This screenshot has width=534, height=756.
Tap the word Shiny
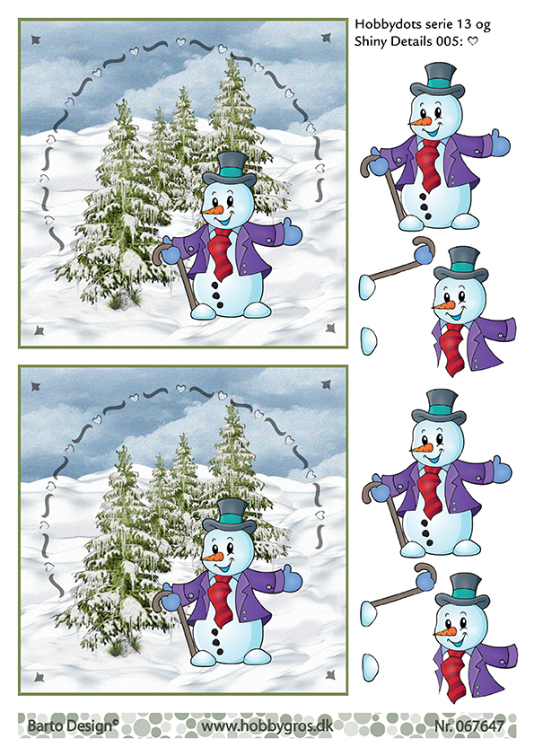tap(371, 42)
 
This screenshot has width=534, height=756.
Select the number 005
tap(449, 41)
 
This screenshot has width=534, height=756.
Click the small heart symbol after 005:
tap(473, 41)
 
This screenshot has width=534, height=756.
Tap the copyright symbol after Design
tap(115, 722)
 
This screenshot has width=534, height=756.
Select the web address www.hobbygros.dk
tap(267, 726)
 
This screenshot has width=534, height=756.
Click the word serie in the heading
tap(424, 24)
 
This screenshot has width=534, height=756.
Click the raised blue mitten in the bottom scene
tap(292, 576)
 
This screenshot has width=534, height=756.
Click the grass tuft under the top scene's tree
tap(116, 302)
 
